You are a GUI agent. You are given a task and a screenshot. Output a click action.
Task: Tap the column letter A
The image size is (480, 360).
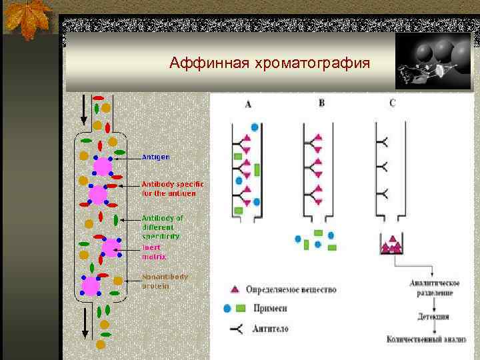pyautogui.click(x=248, y=105)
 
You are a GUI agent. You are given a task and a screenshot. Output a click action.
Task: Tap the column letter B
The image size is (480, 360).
pyautogui.click(x=321, y=103)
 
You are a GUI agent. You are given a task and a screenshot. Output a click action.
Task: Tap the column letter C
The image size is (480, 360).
pyautogui.click(x=391, y=103)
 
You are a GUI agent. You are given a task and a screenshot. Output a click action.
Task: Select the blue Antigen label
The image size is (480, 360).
pyautogui.click(x=156, y=157)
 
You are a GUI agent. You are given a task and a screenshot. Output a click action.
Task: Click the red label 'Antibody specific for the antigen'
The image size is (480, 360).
pyautogui.click(x=173, y=188)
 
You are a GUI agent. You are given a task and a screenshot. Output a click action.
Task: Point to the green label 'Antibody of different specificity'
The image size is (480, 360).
pyautogui.click(x=162, y=227)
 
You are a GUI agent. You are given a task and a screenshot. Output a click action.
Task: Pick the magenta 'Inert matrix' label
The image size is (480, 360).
pyautogui.click(x=154, y=251)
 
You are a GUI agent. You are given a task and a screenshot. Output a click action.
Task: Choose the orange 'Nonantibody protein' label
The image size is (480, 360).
pyautogui.click(x=165, y=281)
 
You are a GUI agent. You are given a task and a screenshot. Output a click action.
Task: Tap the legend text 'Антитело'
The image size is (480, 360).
pyautogui.click(x=271, y=329)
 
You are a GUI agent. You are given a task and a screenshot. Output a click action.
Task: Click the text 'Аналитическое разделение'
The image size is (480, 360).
pyautogui.click(x=434, y=287)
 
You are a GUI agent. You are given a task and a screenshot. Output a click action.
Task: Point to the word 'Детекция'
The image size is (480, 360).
pyautogui.click(x=433, y=317)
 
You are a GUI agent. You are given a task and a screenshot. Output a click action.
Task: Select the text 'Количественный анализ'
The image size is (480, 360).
pyautogui.click(x=426, y=339)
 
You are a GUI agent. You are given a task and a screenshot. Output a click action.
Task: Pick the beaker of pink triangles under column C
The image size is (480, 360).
pyautogui.click(x=392, y=244)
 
